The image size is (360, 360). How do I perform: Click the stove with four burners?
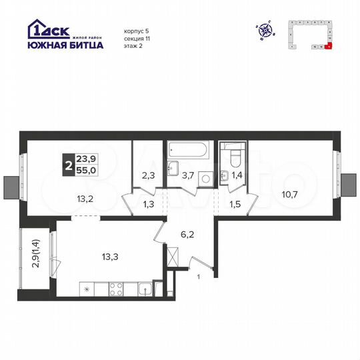[115, 290]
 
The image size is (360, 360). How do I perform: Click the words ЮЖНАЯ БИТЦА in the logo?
[65, 45]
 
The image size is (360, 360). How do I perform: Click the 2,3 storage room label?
[148, 177]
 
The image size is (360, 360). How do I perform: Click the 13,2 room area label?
[84, 197]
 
